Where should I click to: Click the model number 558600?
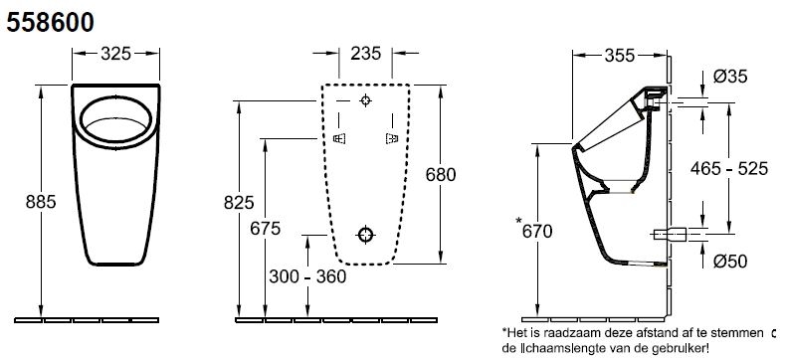tap(50, 23)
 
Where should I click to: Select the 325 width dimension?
tap(115, 53)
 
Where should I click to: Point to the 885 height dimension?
tap(41, 201)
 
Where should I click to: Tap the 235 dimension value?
tap(366, 53)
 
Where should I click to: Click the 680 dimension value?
tap(441, 175)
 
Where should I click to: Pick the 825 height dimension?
tap(239, 203)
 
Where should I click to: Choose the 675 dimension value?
tap(266, 229)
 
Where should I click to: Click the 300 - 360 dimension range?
tap(307, 276)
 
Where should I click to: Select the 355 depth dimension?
tap(619, 56)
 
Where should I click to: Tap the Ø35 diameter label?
tap(730, 77)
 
